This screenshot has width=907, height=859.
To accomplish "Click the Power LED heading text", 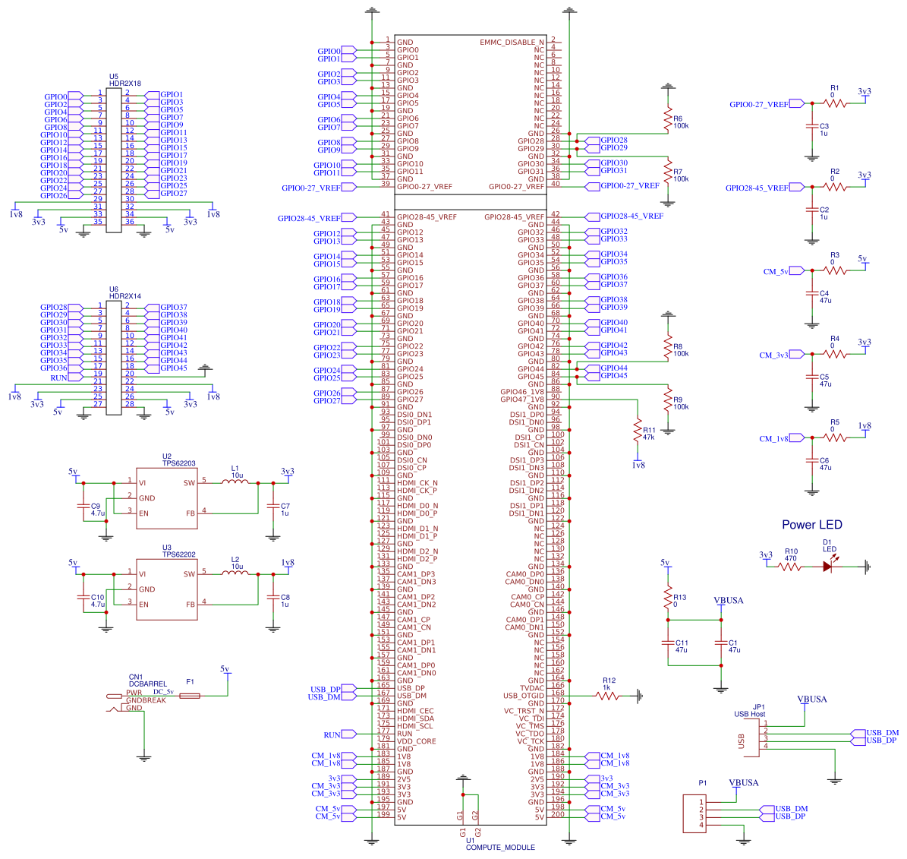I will coord(811,525).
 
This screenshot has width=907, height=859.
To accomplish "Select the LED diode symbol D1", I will coord(828,566).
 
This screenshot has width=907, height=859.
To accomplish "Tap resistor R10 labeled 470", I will coord(789,566).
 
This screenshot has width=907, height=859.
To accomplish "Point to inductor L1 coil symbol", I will coord(235,482).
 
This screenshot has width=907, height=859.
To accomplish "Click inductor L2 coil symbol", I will coord(235,573).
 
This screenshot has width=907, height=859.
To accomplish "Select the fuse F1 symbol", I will coord(189,696).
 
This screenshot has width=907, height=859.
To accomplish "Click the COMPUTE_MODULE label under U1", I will coord(500,848).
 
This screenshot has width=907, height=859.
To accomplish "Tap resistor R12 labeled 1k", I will coord(608,695).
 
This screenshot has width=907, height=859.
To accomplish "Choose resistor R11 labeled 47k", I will coord(638,431).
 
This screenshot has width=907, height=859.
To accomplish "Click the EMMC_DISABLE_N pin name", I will coord(512,43).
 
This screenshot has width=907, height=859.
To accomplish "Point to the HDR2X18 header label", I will coord(125,84).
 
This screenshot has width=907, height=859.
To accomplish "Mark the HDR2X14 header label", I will coord(125,296).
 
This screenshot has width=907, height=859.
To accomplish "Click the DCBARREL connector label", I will coord(147,684).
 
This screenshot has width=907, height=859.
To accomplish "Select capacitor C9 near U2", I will coord(83,509).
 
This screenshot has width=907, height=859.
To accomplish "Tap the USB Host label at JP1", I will coord(749,714).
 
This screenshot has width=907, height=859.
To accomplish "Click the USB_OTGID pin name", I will coord(524,696).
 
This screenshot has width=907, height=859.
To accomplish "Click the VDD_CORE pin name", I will coord(416,741).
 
